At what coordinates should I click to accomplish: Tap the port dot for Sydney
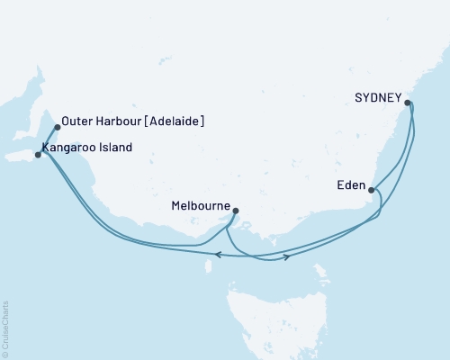[408, 103]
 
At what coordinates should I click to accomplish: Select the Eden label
[351, 187]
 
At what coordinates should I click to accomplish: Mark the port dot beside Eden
[372, 189]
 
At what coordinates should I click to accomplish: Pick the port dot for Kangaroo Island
[38, 155]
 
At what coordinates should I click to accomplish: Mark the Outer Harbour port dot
[58, 127]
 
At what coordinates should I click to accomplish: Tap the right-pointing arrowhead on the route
[286, 257]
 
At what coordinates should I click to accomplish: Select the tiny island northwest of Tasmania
[210, 264]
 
